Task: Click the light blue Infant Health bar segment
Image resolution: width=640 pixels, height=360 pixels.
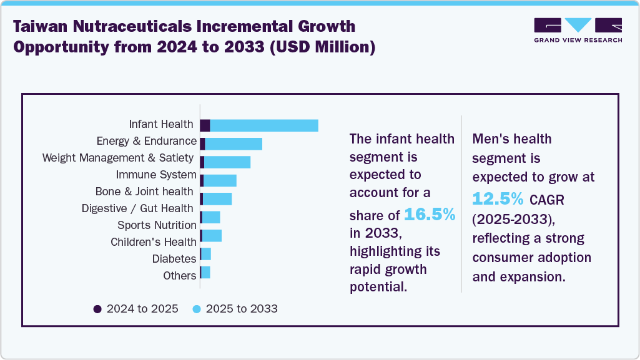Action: click(x=264, y=125)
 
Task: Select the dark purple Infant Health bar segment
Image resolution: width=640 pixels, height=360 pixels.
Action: click(x=205, y=125)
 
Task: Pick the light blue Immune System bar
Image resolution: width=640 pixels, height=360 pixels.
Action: click(x=220, y=181)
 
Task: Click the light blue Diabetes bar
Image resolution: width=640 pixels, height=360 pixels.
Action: click(x=206, y=254)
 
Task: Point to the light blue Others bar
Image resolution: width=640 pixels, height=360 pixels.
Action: click(x=206, y=273)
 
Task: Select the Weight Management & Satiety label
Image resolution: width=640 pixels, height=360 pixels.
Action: click(x=119, y=158)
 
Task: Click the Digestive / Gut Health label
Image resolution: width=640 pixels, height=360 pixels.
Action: click(x=139, y=208)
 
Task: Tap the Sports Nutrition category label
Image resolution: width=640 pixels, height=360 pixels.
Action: click(x=157, y=225)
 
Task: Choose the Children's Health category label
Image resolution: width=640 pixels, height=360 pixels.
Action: click(x=154, y=242)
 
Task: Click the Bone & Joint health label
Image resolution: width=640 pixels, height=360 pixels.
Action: click(x=144, y=192)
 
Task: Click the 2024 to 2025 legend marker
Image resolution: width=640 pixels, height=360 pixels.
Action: click(x=97, y=309)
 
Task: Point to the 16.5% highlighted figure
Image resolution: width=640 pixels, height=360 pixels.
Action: click(x=430, y=215)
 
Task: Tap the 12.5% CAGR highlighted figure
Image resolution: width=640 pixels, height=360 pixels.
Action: click(x=498, y=198)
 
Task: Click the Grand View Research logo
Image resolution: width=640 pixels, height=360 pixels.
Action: click(x=578, y=30)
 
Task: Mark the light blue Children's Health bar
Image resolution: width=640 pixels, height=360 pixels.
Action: click(x=212, y=236)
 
